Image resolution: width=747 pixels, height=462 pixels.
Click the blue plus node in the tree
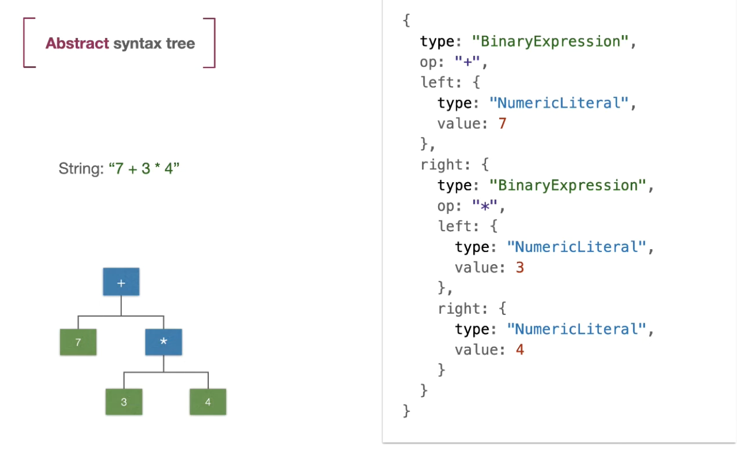[x=121, y=282]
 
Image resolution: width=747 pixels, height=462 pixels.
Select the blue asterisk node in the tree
[x=163, y=342]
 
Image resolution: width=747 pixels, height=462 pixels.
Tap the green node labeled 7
[x=78, y=342]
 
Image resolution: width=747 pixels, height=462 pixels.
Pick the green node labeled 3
[x=124, y=402]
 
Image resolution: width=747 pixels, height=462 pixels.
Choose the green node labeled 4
[x=208, y=402]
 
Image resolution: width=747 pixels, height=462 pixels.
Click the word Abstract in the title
[x=77, y=43]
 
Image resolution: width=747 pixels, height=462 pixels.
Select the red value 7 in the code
[x=502, y=123]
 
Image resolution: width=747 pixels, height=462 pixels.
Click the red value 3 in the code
[x=520, y=268]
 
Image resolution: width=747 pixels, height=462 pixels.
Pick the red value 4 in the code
[x=520, y=350]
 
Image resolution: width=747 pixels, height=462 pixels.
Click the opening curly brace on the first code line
[x=406, y=21]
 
